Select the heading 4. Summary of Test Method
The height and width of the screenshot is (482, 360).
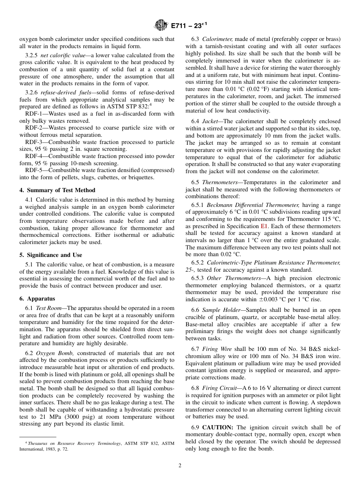57,190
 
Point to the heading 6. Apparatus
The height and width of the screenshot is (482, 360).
37,299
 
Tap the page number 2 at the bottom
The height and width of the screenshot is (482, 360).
180,466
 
